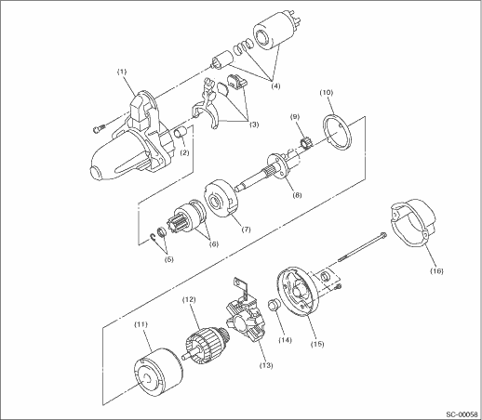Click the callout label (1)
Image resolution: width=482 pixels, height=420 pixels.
(x=122, y=72)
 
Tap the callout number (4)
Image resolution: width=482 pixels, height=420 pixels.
(x=275, y=85)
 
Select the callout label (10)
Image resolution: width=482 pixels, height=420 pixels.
(x=327, y=92)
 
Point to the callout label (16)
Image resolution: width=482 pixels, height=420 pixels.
(x=436, y=271)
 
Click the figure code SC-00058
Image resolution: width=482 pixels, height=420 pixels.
(x=462, y=414)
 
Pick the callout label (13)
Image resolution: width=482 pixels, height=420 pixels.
(x=266, y=365)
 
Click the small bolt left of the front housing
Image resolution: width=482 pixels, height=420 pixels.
(x=99, y=128)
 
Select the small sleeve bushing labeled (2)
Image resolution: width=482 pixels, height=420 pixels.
(x=180, y=133)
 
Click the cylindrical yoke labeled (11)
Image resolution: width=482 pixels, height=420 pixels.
(x=157, y=375)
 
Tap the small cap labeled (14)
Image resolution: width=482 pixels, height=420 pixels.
(x=273, y=305)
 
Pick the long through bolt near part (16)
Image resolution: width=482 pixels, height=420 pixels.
(x=362, y=247)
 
